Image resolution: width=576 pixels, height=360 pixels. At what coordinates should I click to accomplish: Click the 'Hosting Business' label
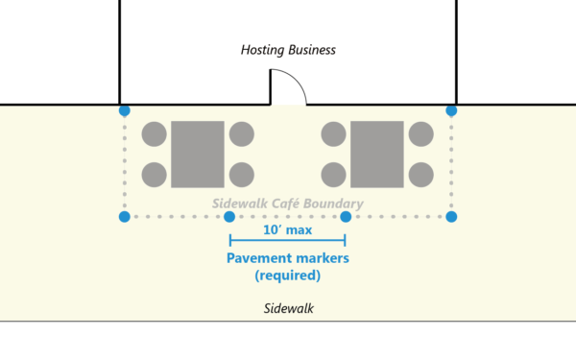click(x=287, y=50)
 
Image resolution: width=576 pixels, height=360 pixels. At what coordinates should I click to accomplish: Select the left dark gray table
click(x=198, y=154)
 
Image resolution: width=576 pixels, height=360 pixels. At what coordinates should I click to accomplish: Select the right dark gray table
click(x=377, y=154)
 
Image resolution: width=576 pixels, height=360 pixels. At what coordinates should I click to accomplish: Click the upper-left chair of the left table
click(x=154, y=134)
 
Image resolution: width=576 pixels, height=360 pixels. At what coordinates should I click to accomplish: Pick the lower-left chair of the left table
click(x=154, y=175)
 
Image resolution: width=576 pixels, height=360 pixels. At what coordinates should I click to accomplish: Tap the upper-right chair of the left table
click(x=242, y=134)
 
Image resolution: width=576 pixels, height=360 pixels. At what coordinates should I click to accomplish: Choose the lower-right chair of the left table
click(x=242, y=175)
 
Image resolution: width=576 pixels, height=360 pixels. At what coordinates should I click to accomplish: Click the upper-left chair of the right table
click(x=333, y=134)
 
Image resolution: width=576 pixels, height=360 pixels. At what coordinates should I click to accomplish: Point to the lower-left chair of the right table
click(x=333, y=175)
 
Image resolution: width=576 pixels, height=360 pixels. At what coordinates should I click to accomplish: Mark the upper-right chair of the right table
click(x=420, y=134)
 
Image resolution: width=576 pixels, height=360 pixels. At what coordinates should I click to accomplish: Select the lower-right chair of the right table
click(x=420, y=175)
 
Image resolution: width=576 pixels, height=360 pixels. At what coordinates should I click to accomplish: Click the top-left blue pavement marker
click(x=124, y=111)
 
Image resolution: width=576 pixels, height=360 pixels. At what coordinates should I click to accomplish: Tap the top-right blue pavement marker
click(x=451, y=111)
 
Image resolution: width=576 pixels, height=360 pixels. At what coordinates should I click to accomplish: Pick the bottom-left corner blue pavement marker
click(x=124, y=217)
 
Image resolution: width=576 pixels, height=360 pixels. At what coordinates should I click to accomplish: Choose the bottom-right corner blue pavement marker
click(x=451, y=217)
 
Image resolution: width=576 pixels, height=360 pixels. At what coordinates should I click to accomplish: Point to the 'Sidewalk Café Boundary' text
click(x=287, y=204)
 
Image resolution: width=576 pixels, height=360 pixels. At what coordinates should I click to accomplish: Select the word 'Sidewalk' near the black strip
click(x=288, y=309)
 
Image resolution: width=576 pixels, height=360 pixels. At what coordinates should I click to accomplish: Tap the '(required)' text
click(x=287, y=276)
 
